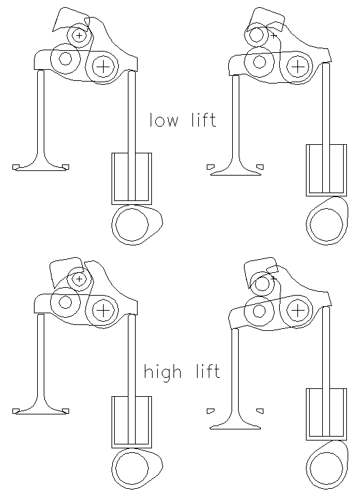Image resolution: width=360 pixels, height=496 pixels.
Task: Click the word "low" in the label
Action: [164, 120]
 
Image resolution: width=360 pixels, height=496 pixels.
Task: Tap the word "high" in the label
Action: [163, 373]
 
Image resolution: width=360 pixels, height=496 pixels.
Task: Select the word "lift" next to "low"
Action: [204, 120]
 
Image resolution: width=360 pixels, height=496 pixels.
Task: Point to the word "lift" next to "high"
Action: [207, 371]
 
